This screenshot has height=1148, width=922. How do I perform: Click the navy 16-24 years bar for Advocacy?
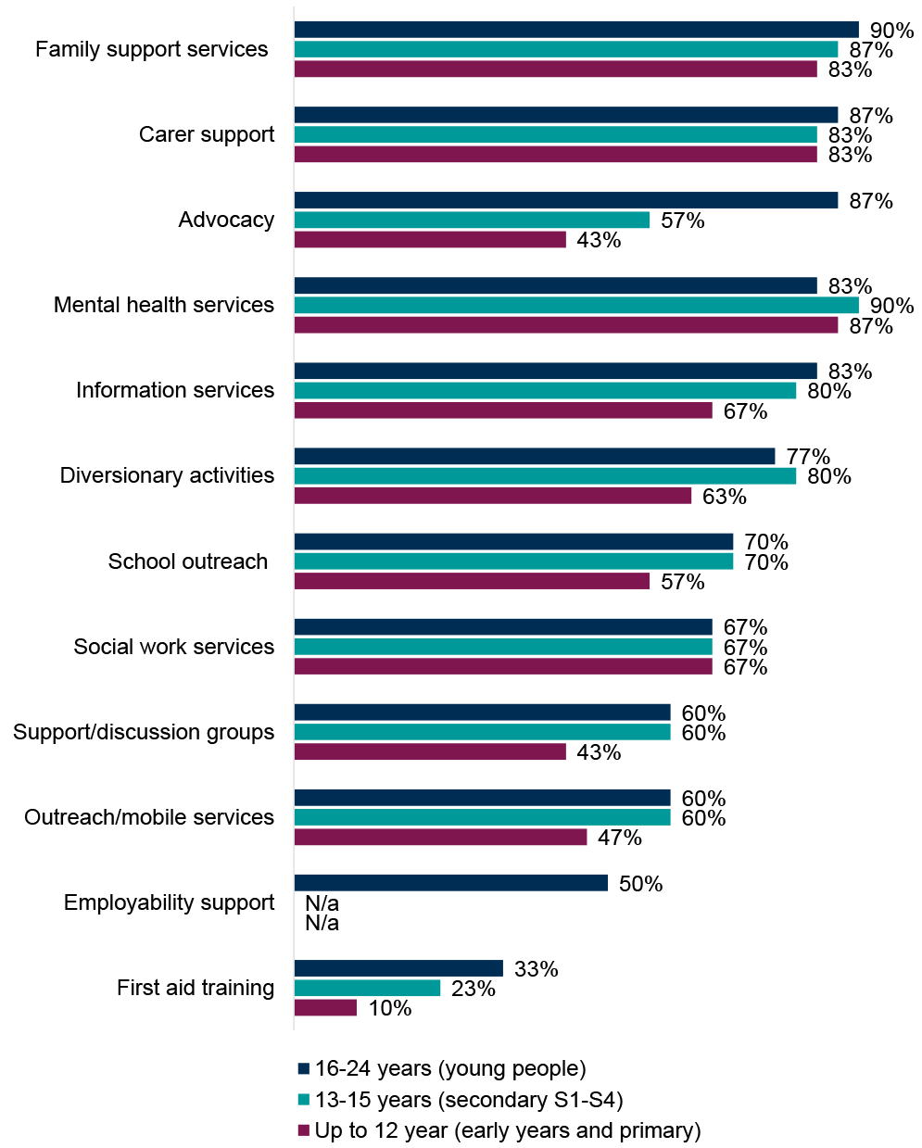(565, 200)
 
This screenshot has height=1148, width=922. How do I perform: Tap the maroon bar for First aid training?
(325, 1007)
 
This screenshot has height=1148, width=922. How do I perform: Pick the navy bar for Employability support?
(450, 883)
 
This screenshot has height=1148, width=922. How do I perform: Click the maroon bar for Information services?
(503, 410)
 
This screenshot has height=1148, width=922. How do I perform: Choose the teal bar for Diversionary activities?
(545, 475)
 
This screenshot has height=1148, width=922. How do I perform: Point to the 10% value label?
(390, 1008)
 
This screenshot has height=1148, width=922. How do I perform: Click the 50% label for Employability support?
(640, 884)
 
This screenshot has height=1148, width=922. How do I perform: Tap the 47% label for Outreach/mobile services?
(619, 838)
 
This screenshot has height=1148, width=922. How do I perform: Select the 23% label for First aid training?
(473, 989)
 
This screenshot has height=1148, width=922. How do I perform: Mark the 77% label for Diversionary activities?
(808, 457)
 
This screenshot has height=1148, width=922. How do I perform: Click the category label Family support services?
(152, 49)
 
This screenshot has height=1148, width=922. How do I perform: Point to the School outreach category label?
(188, 561)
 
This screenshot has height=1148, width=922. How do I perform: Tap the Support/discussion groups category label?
(144, 732)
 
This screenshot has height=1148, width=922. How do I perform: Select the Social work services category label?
(174, 647)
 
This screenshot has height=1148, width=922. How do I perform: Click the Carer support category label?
(207, 134)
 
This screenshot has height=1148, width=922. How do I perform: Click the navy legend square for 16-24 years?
(303, 1068)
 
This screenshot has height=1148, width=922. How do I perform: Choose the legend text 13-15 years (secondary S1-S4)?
(468, 1100)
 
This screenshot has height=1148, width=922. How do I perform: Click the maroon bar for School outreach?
(472, 581)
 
